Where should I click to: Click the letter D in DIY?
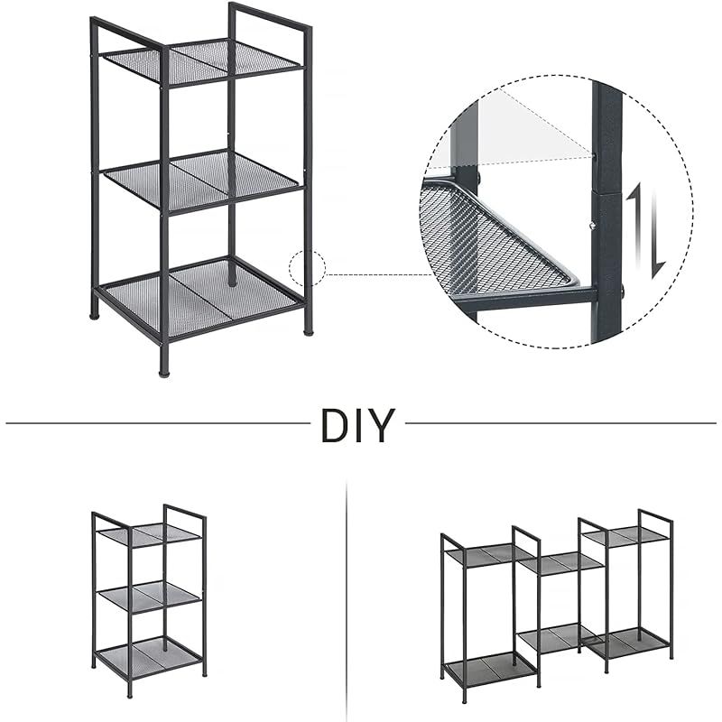(x=333, y=424)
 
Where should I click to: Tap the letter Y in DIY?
(x=380, y=424)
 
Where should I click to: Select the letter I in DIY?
(x=356, y=424)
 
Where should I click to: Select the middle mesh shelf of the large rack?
(x=200, y=181)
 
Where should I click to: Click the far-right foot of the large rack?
(x=308, y=329)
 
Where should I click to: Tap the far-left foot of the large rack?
(x=94, y=315)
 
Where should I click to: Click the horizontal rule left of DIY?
(x=158, y=422)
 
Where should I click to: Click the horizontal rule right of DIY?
(x=560, y=422)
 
